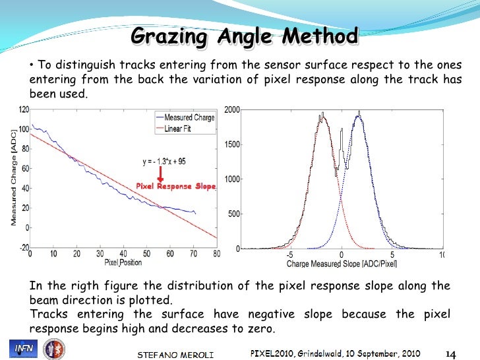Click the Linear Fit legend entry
coord(183,129)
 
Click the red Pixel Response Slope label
coord(176,187)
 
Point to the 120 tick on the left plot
coord(23,109)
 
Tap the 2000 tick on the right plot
coord(232,109)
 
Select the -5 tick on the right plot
coord(289,255)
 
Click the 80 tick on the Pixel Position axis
coord(216,254)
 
